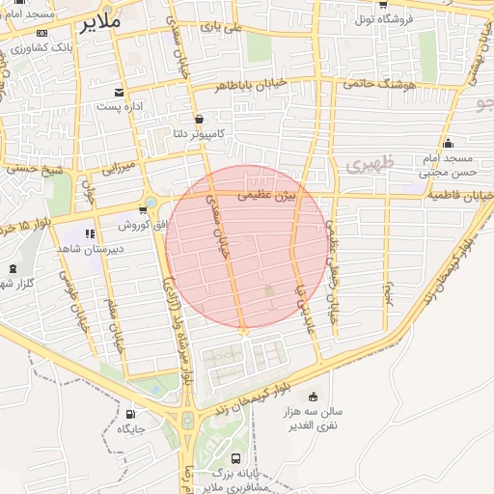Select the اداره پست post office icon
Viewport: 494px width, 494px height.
pyautogui.click(x=119, y=92)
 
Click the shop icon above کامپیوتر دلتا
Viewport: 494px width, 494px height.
pyautogui.click(x=199, y=119)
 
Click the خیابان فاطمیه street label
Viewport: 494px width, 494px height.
pyautogui.click(x=458, y=196)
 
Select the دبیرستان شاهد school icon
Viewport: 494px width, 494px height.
pyautogui.click(x=90, y=233)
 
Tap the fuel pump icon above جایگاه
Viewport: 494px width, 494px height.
pyautogui.click(x=130, y=411)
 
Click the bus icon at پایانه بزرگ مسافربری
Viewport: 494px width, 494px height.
pyautogui.click(x=237, y=458)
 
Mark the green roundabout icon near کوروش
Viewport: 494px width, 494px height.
pyautogui.click(x=151, y=203)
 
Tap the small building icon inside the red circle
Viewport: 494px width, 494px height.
pyautogui.click(x=269, y=290)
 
